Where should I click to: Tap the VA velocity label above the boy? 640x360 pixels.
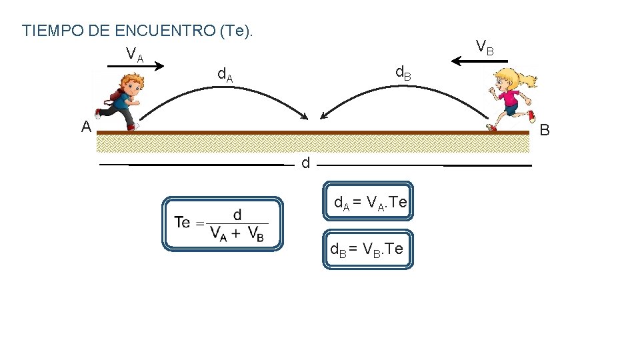click(x=134, y=53)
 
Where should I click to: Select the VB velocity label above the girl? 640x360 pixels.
click(x=485, y=47)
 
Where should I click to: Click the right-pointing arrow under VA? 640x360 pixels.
click(x=136, y=66)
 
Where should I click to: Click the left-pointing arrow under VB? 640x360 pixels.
click(x=479, y=61)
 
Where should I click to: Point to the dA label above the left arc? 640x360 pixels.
click(x=226, y=75)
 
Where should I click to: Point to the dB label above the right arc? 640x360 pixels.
click(x=403, y=73)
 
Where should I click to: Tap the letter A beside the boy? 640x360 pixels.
click(x=86, y=127)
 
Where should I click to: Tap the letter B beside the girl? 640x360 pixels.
click(x=545, y=130)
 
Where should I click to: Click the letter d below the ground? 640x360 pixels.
click(x=305, y=163)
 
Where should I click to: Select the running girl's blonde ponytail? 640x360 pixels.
click(x=527, y=81)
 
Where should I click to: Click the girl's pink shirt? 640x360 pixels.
click(x=509, y=99)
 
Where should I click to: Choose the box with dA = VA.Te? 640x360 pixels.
click(x=368, y=201)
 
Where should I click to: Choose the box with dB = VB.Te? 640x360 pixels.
click(x=368, y=249)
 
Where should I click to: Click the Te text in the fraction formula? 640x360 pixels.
click(x=183, y=222)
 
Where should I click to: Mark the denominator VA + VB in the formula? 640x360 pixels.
click(x=237, y=233)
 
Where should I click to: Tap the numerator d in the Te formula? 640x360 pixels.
click(x=237, y=214)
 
